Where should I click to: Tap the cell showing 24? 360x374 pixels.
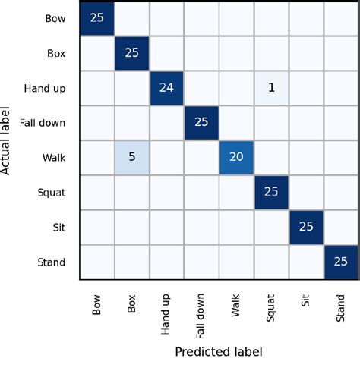167,88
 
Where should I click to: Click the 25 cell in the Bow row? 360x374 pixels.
96,18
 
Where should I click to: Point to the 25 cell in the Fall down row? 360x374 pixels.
202,123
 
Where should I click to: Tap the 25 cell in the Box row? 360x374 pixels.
131,53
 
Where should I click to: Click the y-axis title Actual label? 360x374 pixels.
8,140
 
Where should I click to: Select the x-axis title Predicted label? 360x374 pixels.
219,352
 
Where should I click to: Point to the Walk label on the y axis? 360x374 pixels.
55,159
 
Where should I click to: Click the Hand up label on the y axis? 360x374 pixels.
46,88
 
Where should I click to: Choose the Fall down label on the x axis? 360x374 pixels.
202,310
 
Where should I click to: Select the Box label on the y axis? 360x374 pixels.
56,53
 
